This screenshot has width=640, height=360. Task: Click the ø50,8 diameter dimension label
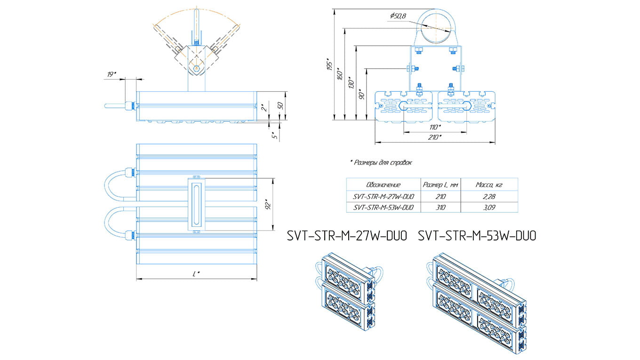[x=398, y=16]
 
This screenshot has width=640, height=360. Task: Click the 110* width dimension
[x=435, y=128]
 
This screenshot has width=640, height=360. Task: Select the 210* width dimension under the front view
[x=435, y=137]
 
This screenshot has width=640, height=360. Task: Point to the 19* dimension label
[x=112, y=74]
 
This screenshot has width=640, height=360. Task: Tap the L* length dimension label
[x=196, y=274]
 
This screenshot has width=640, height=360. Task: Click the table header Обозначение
[x=383, y=185]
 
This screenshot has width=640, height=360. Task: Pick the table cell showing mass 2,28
[x=489, y=196]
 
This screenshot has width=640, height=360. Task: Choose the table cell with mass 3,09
[x=489, y=207]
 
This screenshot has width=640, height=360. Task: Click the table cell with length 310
[x=440, y=207]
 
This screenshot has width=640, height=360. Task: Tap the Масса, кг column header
[x=489, y=185]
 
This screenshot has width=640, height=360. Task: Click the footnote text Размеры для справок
[x=381, y=163]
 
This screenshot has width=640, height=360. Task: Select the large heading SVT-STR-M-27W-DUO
[x=347, y=236]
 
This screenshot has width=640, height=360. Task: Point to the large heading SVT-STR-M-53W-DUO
[x=477, y=236]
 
